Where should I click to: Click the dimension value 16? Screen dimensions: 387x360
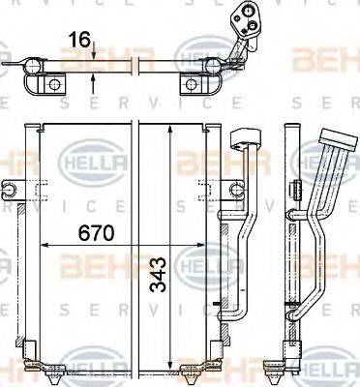coord(81,41)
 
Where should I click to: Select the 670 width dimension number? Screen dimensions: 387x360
coord(98,233)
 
